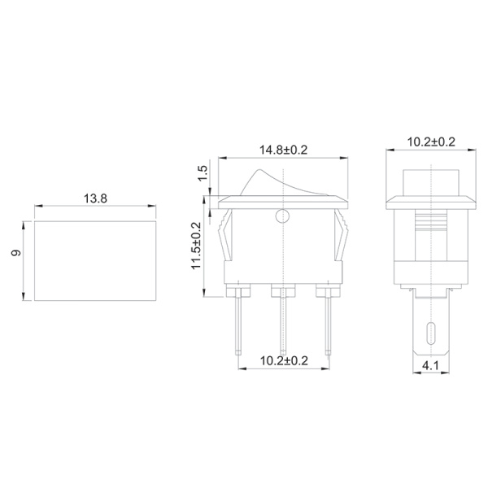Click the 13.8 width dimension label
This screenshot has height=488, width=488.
[95, 198]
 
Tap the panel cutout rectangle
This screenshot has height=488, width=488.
[94, 259]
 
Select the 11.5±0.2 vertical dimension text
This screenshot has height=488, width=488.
[197, 246]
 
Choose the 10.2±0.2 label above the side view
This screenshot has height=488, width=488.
[430, 142]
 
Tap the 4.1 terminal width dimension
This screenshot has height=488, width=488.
[430, 367]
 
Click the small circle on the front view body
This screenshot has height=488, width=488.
[282, 216]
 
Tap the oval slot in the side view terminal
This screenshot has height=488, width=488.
[430, 333]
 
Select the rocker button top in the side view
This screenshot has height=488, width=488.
[430, 180]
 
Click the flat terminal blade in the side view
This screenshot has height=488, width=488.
[430, 325]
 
